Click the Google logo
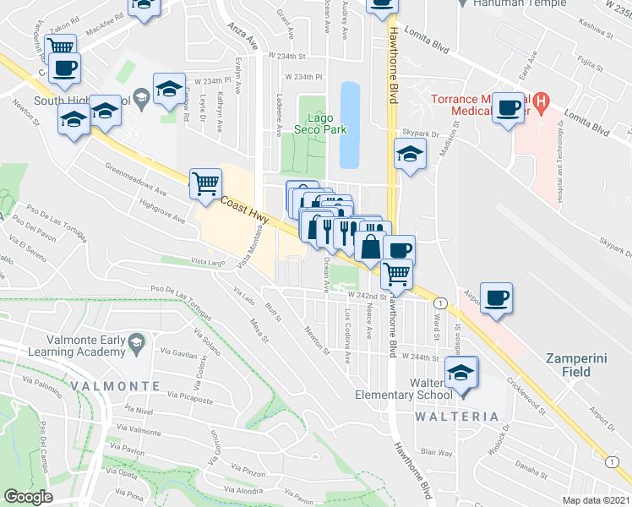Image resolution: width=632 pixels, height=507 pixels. [x=28, y=496]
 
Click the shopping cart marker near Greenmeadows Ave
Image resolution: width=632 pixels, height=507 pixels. [x=205, y=182]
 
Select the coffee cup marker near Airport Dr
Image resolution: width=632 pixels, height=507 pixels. [x=497, y=297]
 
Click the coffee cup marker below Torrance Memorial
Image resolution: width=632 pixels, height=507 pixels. [x=508, y=108]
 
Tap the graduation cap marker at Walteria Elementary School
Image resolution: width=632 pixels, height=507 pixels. [x=461, y=372]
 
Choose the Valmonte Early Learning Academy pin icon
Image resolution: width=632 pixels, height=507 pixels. [x=141, y=341]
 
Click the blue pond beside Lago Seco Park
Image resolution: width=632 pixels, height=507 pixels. [x=349, y=124]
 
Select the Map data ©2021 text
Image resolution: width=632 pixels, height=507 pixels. [x=596, y=500]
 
